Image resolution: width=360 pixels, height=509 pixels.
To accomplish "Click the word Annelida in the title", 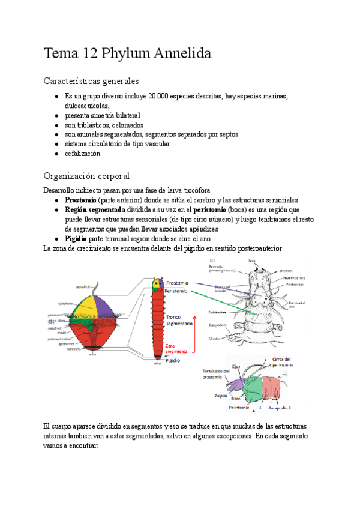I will coord(181,54).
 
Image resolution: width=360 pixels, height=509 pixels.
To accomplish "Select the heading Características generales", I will coord(91,80).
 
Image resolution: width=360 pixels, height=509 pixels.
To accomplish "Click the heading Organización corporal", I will coord(87,176).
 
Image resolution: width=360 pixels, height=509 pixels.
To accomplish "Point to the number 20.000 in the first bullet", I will coord(159,96).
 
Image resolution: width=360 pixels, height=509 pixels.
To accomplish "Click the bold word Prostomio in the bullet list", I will coord(81,200).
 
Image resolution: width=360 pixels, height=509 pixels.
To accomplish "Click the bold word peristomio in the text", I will coord(210,209).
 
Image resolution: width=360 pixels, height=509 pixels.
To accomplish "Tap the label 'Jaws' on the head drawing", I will coord(253,261).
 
